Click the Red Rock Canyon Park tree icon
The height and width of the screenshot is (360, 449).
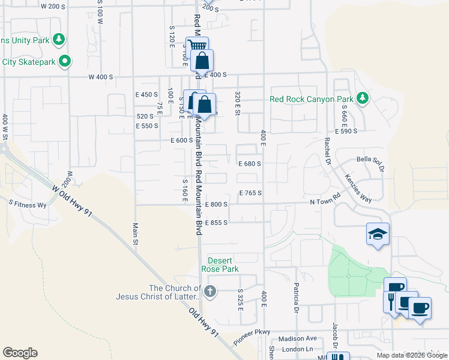tap(362, 98)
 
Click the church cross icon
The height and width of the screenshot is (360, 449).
tap(209, 293)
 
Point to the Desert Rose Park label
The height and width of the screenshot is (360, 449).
tap(223, 265)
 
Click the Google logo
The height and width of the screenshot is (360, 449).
tap(20, 352)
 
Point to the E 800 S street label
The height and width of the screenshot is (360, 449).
tap(216, 205)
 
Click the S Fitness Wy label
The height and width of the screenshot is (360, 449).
tap(28, 205)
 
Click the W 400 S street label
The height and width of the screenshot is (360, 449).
tap(100, 77)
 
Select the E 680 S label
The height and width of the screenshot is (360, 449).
tap(249, 163)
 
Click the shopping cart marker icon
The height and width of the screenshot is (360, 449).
tap(197, 46)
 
